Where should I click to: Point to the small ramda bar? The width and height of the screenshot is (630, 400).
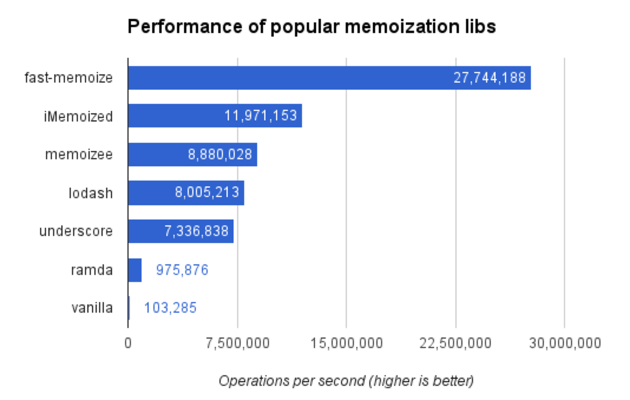tap(134, 270)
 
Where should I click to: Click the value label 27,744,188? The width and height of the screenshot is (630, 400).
tap(489, 78)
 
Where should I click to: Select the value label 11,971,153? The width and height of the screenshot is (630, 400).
tap(260, 116)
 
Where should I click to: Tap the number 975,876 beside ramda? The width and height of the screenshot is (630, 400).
tap(182, 270)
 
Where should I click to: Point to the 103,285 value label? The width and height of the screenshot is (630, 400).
tap(170, 308)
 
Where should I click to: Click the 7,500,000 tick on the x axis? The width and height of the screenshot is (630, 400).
tap(238, 343)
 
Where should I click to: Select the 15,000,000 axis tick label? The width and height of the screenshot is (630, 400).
tap(346, 343)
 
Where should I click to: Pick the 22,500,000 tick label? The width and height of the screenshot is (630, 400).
tap(455, 343)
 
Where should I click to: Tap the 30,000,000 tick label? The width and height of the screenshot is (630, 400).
tap(565, 343)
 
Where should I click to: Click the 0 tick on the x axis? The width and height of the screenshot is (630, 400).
tap(128, 343)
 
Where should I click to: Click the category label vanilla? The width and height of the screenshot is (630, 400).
tap(91, 307)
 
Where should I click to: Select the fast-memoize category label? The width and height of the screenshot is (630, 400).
tap(68, 77)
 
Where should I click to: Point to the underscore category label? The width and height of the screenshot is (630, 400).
tap(76, 231)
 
